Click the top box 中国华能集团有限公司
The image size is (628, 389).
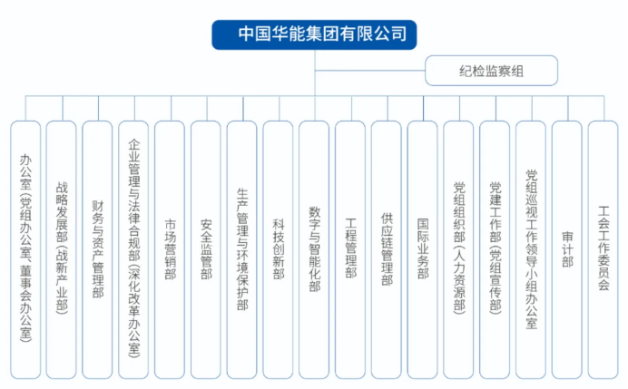coord(314,34)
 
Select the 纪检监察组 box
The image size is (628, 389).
coord(491,71)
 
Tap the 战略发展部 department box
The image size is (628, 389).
coord(62,249)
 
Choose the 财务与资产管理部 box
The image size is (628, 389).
coord(97,249)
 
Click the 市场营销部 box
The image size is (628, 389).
coord(170,249)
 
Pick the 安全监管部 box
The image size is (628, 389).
coord(206,249)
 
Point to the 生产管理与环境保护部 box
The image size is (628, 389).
coord(242,249)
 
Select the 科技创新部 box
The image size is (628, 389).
coord(278,249)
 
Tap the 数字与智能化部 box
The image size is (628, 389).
coord(314,249)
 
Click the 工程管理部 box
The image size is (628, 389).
coord(350,249)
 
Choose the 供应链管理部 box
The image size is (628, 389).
coord(387,249)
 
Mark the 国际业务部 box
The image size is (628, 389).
coord(423,249)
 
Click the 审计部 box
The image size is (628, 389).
coord(567,249)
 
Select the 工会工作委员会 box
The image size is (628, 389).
coord(603,249)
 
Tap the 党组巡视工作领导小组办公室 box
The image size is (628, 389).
coord(531,249)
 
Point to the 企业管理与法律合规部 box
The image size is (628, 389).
coord(133,249)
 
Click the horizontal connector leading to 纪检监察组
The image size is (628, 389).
coord(370,71)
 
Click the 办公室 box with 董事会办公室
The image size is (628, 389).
coord(25,249)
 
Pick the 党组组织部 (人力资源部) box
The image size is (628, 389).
coord(458,249)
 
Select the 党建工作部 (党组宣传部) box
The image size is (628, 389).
coord(495,249)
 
